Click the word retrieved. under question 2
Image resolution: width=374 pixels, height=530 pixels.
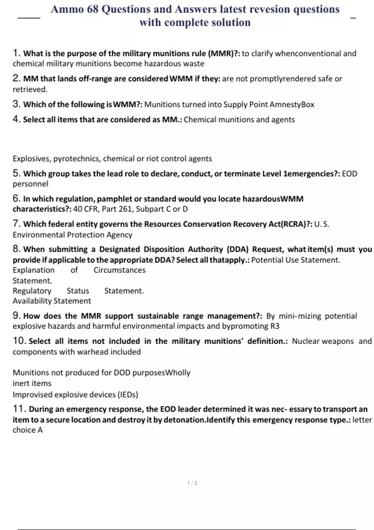(30, 89)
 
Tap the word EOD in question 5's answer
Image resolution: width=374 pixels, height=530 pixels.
(349, 174)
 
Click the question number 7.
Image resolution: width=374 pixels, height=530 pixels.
(16, 224)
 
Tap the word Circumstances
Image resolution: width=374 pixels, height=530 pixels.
(119, 270)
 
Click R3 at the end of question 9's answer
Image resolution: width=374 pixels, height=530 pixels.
(275, 326)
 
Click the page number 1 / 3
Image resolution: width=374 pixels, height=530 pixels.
(192, 483)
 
